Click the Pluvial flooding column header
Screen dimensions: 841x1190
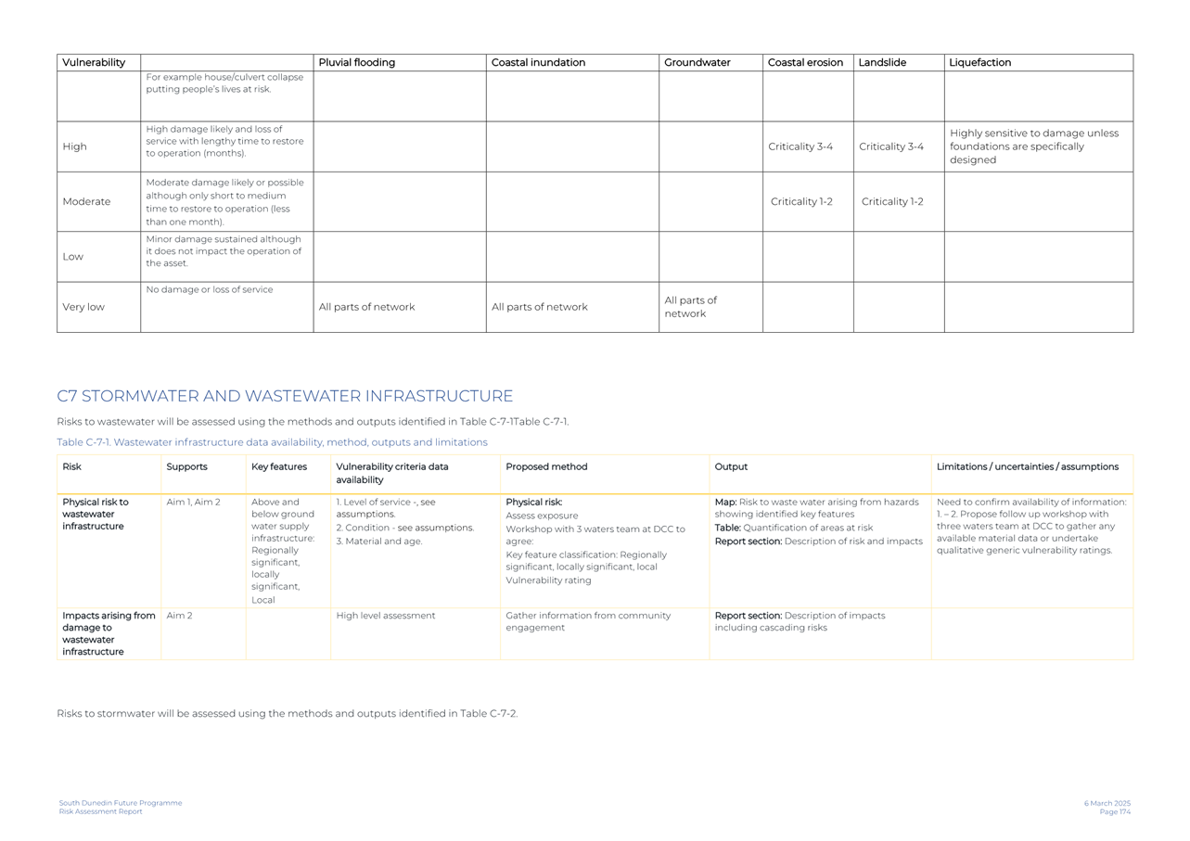(357, 63)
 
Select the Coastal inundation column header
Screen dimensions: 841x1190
(538, 63)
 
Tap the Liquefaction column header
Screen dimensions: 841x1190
(979, 63)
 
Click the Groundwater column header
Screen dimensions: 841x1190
(697, 63)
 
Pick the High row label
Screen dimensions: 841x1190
(74, 147)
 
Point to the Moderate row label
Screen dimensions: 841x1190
(86, 201)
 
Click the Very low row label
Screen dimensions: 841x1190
(83, 307)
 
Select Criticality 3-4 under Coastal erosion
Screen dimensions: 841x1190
(800, 147)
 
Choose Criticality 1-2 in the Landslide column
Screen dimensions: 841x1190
(892, 201)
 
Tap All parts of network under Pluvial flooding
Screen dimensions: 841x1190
(366, 307)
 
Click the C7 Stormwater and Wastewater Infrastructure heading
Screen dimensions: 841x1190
(285, 396)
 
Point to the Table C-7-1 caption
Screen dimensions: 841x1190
(272, 442)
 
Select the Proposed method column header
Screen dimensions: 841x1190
(546, 466)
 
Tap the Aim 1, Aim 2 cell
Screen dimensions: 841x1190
(193, 502)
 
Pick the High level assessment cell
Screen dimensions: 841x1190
(386, 616)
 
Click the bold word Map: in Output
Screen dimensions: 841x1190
(725, 502)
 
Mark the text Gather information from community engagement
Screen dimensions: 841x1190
(587, 621)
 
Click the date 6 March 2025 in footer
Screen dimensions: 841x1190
(1107, 803)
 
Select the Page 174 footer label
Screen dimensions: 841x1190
(1115, 812)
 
